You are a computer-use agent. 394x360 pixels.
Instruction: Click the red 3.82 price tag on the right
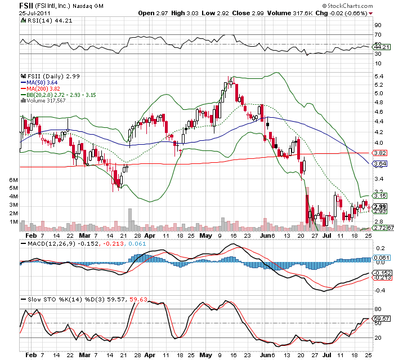coord(380,153)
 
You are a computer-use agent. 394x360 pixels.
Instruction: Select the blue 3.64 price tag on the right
coord(380,164)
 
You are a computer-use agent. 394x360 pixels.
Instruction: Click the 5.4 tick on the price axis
coord(378,75)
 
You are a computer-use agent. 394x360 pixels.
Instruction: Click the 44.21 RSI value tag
coord(380,47)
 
